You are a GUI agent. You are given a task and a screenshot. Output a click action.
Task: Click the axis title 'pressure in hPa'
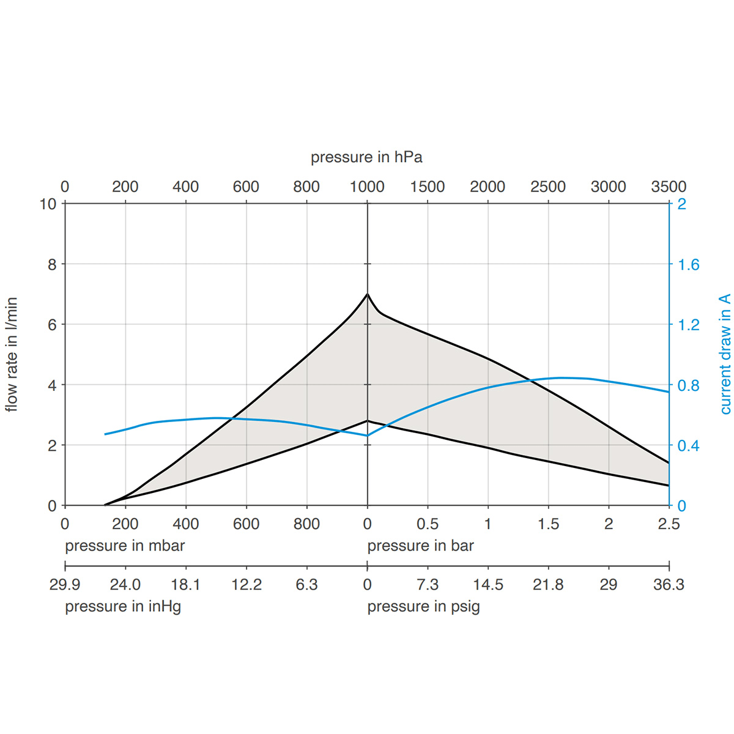[366, 157]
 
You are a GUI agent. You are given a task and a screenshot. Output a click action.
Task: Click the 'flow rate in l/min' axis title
[12, 355]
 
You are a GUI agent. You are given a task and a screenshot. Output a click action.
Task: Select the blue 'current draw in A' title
[725, 355]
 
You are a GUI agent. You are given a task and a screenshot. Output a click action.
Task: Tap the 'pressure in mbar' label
[125, 546]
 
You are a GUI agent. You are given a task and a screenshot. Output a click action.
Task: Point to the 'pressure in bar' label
[420, 546]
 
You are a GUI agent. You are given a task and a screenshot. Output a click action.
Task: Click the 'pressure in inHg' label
[123, 606]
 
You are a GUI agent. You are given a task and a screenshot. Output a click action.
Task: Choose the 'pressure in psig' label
[423, 606]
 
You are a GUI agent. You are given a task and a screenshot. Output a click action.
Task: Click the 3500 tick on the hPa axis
[669, 187]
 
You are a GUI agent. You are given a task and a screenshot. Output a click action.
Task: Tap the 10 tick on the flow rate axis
[48, 204]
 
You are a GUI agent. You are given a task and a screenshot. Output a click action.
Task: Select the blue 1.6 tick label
[688, 265]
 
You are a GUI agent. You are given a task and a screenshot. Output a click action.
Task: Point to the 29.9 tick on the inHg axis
[65, 585]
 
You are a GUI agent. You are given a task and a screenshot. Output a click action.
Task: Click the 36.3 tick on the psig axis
[669, 585]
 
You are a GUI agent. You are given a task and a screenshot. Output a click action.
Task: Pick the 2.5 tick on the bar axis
[669, 524]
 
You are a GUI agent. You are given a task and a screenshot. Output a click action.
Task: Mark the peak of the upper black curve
[367, 294]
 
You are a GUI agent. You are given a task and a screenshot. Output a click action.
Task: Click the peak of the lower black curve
[367, 420]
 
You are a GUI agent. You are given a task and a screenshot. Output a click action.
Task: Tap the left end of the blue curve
[105, 434]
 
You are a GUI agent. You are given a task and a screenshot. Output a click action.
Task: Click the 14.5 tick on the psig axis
[487, 585]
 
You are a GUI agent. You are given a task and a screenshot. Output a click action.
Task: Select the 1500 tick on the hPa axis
[427, 187]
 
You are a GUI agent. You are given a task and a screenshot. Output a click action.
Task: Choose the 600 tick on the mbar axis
[246, 524]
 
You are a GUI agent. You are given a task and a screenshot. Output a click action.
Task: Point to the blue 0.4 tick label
[688, 446]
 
